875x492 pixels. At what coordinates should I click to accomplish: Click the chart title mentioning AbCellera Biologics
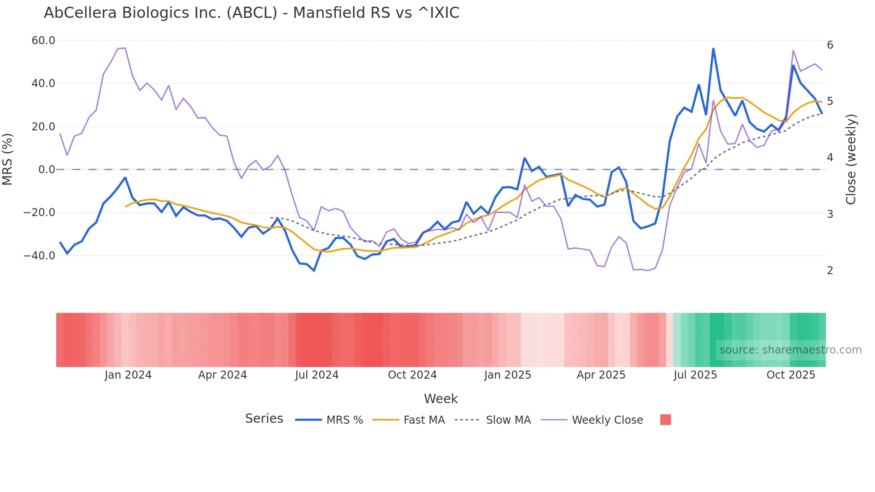click(x=251, y=13)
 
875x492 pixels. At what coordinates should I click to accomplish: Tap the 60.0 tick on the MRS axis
click(x=43, y=41)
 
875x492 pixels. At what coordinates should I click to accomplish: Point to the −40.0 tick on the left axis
click(x=39, y=256)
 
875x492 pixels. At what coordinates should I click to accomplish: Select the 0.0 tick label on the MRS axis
click(x=47, y=170)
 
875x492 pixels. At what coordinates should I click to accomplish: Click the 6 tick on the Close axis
click(x=830, y=45)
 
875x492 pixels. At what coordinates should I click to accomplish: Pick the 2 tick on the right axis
click(x=830, y=271)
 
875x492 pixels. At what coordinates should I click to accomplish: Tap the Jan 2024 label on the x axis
click(x=128, y=375)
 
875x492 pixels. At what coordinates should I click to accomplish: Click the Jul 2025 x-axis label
click(x=695, y=375)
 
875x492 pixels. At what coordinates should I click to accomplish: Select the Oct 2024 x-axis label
click(x=412, y=375)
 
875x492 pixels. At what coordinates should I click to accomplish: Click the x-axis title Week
click(x=441, y=399)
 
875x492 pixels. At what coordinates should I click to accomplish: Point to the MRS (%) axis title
click(x=8, y=159)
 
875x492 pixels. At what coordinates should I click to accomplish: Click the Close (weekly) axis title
click(x=851, y=159)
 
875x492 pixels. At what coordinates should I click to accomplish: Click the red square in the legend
click(x=665, y=420)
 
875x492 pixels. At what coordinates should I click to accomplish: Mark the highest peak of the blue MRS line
click(x=713, y=49)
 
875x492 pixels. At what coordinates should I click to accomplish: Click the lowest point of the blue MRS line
click(x=314, y=271)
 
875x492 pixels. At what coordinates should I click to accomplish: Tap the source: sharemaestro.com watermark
click(x=790, y=350)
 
